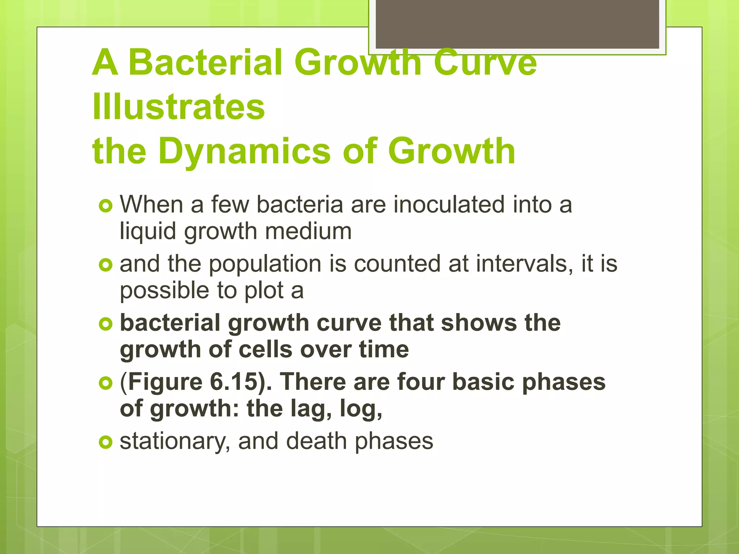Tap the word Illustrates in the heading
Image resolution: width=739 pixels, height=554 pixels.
point(179,107)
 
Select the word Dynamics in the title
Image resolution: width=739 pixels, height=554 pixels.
point(244,151)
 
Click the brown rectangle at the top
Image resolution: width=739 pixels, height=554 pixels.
point(517,24)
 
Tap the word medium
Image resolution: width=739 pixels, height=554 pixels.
point(308,231)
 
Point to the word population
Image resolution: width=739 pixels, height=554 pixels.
point(265,264)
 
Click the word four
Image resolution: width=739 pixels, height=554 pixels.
point(421,382)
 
